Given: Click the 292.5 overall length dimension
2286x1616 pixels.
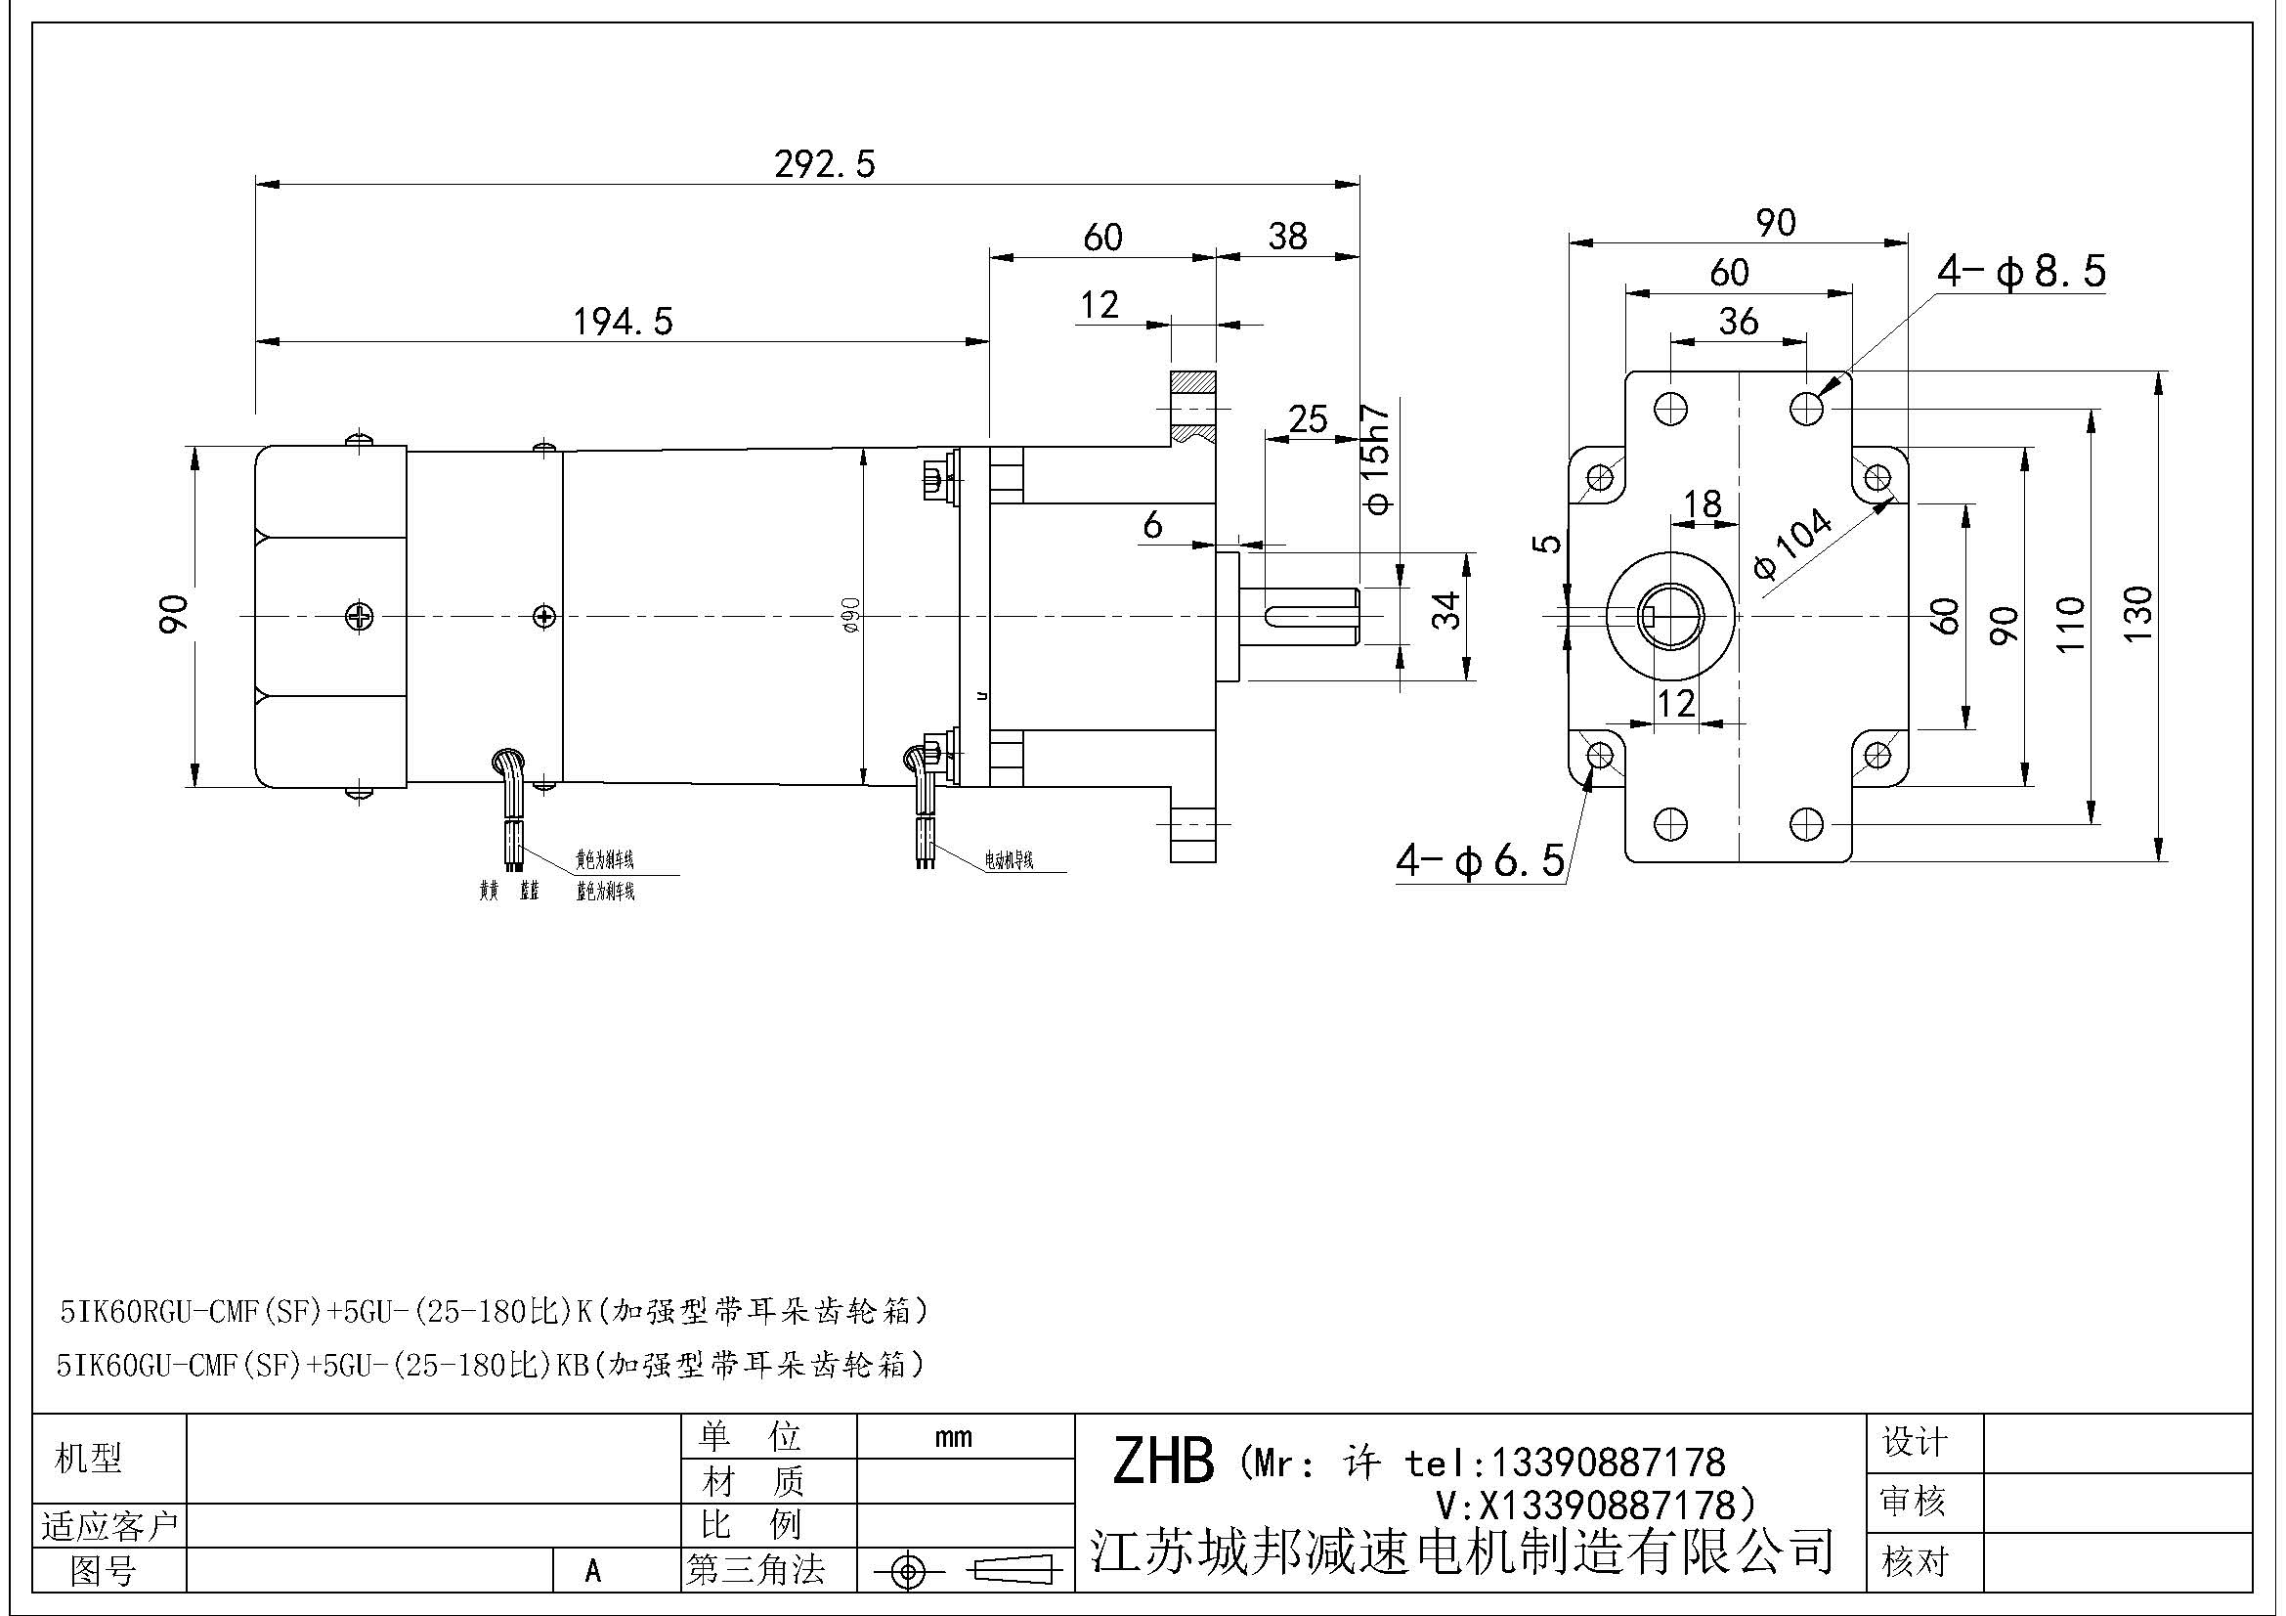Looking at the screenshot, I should click(825, 164).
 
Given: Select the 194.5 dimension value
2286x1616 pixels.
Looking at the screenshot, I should click(623, 322).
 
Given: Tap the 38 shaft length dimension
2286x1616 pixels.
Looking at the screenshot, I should click(1286, 237).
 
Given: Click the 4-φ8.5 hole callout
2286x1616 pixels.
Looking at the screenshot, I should click(2021, 272).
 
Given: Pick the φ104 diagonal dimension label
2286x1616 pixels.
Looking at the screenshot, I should click(1792, 544).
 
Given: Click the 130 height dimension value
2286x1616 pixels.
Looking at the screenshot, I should click(2137, 614).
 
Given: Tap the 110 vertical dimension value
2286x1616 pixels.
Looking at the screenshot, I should click(2070, 625).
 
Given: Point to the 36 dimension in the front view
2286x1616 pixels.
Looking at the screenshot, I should click(1738, 321).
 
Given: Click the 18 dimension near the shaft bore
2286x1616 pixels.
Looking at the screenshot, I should click(1702, 503).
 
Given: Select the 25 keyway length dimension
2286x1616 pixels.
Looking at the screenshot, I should click(1308, 419).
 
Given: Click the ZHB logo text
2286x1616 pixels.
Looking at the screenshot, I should click(1163, 1462).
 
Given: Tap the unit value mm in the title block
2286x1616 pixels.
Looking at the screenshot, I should click(953, 1438).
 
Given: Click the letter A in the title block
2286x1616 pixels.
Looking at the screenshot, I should click(593, 1571).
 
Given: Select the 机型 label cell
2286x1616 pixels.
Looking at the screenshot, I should click(89, 1459).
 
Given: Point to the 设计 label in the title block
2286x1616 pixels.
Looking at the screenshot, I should click(1914, 1442).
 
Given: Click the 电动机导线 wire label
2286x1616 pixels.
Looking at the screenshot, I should click(1009, 860).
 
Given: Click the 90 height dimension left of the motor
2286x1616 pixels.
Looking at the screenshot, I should click(173, 613).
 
